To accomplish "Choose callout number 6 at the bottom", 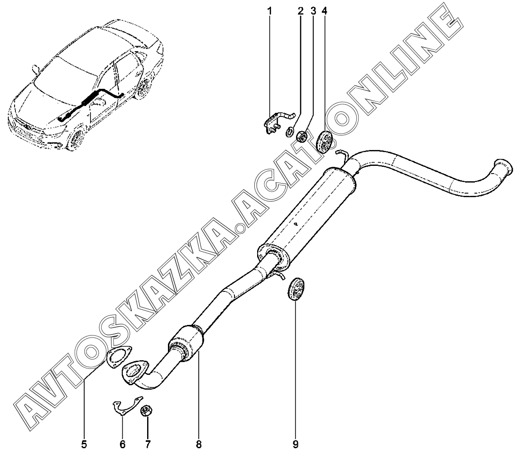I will click(123, 444).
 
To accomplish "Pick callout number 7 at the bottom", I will click(148, 444).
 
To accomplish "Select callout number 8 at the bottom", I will click(199, 444).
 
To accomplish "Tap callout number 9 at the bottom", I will click(295, 444).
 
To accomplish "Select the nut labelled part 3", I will click(301, 136).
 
